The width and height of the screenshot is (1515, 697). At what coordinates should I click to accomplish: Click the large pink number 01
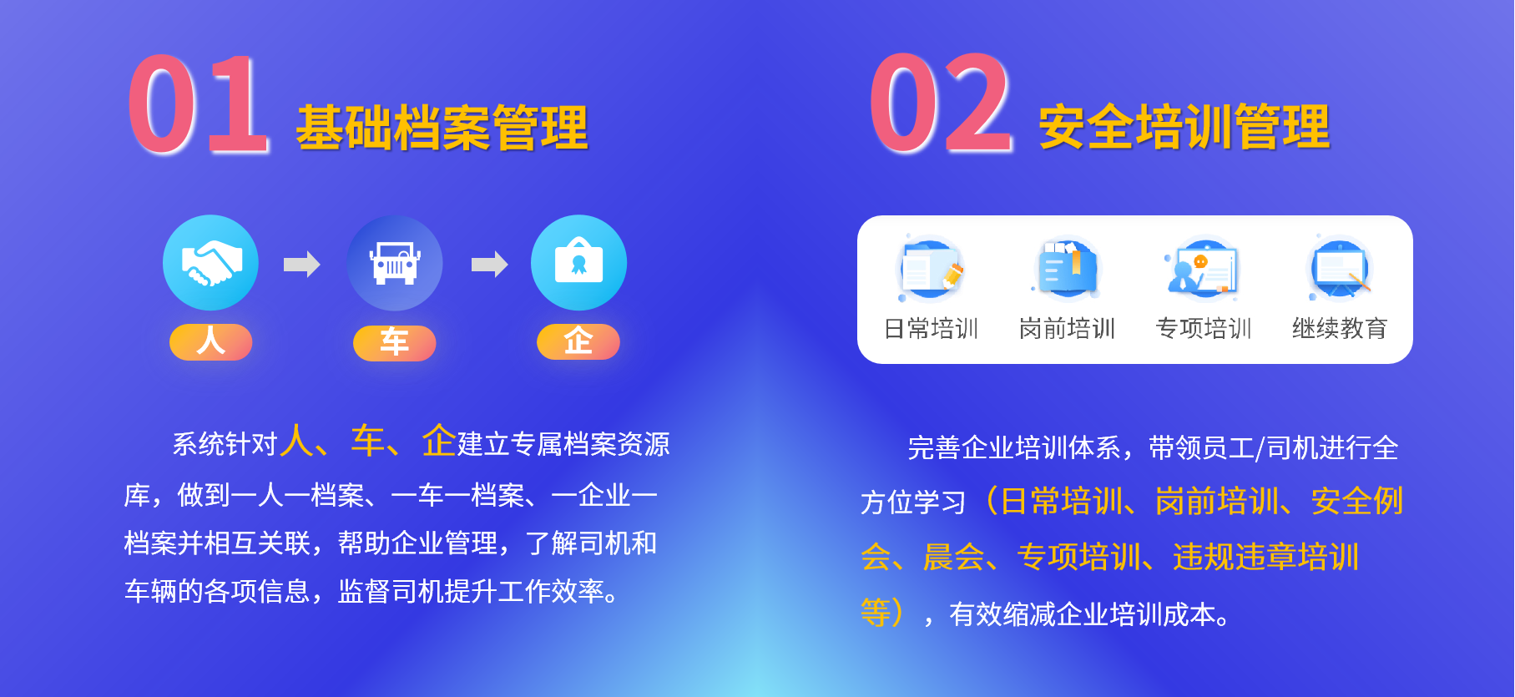(199, 104)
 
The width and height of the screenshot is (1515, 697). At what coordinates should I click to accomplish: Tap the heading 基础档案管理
(442, 129)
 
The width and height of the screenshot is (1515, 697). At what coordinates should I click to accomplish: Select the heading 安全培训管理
(1184, 127)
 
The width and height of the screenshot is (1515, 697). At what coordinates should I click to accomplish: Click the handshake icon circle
(211, 263)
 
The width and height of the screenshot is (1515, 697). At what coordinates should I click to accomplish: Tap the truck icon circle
(395, 263)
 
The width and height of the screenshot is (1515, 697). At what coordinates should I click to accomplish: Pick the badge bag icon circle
(578, 263)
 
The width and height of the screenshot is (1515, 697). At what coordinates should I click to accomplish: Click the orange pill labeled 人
(211, 342)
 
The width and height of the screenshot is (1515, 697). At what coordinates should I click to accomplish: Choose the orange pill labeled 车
(395, 343)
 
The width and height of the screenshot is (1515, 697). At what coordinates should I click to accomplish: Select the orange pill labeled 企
(578, 342)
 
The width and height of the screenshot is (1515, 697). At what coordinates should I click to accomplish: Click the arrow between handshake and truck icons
(302, 265)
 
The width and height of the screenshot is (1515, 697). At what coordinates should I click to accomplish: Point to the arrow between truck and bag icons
(490, 265)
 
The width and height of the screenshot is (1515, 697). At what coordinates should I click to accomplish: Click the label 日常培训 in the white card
(932, 329)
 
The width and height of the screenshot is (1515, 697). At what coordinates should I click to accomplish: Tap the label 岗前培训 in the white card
(1068, 329)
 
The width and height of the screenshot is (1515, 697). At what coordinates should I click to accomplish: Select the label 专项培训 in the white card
(1204, 329)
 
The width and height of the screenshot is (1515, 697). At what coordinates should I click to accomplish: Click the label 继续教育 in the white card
(1340, 329)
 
